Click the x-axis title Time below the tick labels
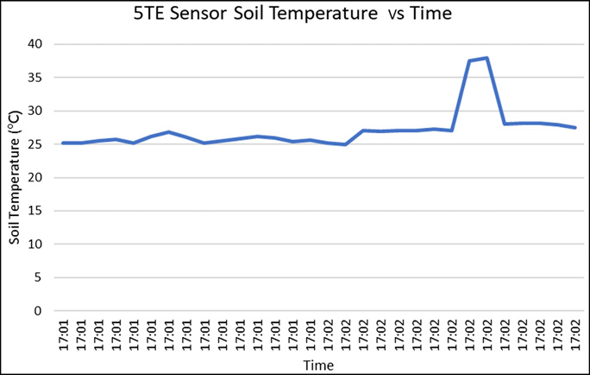point(318,365)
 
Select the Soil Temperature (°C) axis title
point(15,178)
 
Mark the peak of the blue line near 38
point(487,58)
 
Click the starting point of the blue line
point(62,143)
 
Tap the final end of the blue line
point(575,128)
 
